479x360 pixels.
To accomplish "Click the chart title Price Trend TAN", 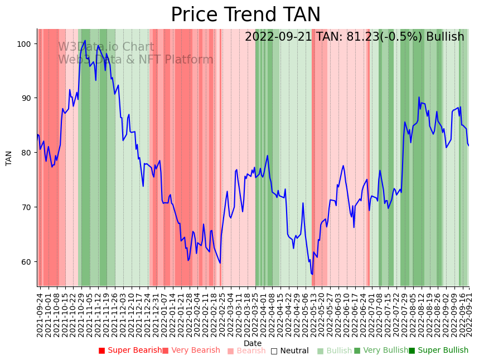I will click(245, 15).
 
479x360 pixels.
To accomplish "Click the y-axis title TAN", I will click(9, 158).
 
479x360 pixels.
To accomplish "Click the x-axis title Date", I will click(253, 343).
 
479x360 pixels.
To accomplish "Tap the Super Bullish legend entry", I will click(438, 351).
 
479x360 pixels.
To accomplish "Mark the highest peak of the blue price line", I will click(85, 40).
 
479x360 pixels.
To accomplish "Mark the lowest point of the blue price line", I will click(312, 274).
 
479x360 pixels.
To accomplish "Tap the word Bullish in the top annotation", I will click(445, 37).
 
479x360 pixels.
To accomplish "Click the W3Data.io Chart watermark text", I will click(106, 47).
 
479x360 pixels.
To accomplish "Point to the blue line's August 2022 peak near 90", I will click(419, 98).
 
